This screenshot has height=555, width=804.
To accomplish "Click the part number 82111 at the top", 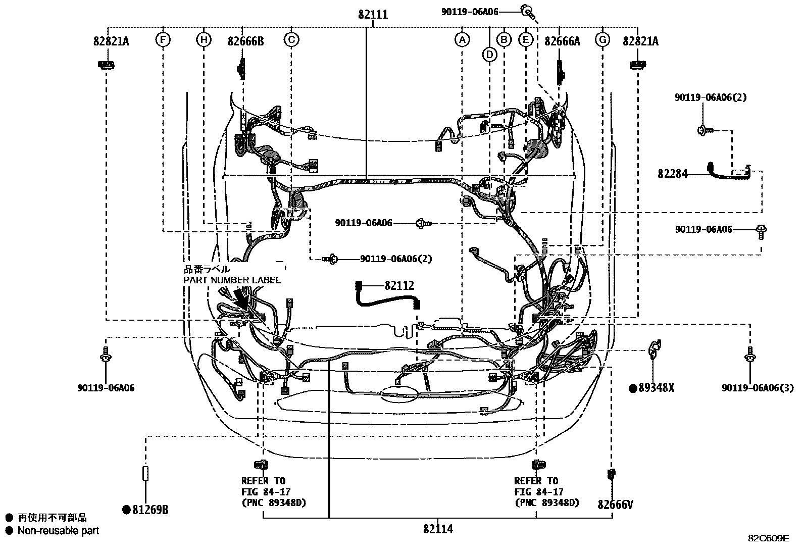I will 373,15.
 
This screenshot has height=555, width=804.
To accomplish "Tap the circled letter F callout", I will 163,39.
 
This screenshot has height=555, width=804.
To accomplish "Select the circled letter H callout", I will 204,39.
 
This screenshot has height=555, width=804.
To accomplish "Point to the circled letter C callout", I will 291,39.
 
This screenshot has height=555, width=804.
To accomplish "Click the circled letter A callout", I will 462,39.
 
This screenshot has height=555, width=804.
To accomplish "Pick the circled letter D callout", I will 489,54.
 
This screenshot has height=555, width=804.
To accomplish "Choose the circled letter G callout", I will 602,39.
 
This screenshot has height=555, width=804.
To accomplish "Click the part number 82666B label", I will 245,41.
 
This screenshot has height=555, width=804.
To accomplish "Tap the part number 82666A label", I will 562,41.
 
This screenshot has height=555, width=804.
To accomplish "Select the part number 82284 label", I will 672,174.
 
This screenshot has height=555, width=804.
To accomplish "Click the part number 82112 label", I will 399,286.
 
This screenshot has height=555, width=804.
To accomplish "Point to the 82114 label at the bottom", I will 438,529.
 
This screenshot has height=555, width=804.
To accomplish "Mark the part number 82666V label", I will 615,504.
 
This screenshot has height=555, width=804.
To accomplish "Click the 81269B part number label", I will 150,510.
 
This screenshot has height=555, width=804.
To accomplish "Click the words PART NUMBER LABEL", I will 232,280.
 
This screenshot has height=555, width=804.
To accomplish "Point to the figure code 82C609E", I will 768,538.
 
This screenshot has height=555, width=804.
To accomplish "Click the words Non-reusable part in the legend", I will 58,531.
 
